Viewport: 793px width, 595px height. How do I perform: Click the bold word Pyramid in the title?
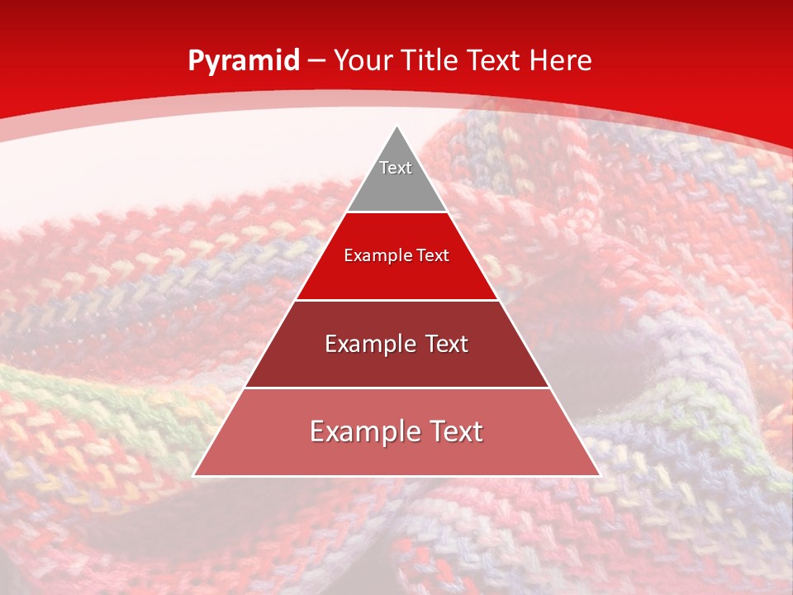243,61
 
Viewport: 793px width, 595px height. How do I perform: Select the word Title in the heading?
433,60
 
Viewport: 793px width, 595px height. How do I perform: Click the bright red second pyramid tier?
396,273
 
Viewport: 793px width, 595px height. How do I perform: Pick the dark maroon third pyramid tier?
396,364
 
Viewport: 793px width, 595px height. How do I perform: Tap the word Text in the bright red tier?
433,256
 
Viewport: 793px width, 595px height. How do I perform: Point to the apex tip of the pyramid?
397,127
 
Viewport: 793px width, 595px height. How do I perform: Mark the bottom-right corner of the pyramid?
599,475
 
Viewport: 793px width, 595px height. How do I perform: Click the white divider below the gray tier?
396,212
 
